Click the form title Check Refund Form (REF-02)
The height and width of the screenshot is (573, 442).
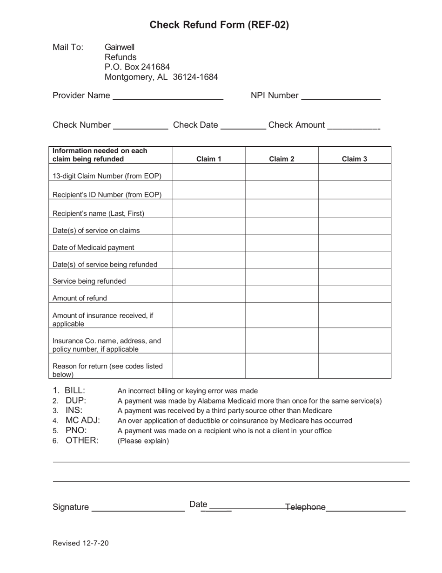[219, 25]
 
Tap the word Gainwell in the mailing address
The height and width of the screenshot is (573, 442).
[120, 47]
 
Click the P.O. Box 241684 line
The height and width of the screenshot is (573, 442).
[137, 67]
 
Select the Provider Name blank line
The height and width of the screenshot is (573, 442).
[168, 96]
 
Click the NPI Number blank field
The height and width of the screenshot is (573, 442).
[341, 96]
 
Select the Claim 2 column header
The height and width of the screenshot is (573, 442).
[281, 159]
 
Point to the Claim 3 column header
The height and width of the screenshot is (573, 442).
[354, 159]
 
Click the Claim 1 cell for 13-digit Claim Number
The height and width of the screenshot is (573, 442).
[209, 172]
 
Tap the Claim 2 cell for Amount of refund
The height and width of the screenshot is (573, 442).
[281, 294]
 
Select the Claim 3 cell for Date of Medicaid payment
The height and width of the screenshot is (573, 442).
[354, 244]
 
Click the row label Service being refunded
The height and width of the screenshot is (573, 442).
[89, 281]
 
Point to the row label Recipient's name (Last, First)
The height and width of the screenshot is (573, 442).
[98, 213]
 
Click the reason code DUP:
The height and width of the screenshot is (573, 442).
[76, 401]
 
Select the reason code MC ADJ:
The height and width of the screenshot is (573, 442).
[83, 421]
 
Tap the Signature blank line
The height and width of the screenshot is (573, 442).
[138, 508]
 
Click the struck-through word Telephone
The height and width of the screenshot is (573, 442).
[305, 507]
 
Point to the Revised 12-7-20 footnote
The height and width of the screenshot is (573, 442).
[80, 543]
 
